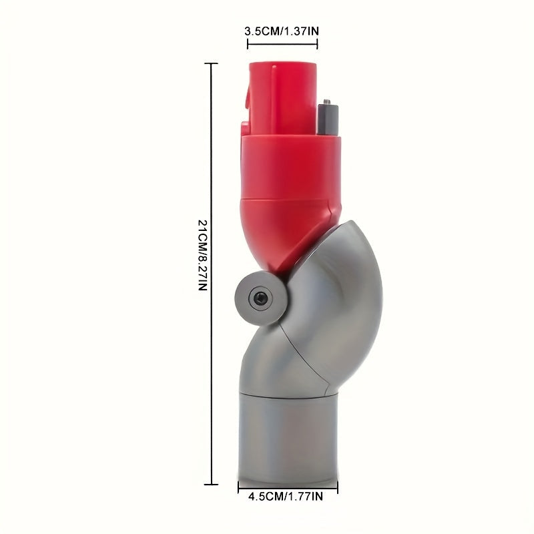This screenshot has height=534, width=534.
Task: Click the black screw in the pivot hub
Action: (258, 294)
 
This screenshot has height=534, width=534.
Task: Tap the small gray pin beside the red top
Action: (328, 117)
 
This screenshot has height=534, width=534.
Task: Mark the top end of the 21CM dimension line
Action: (212, 63)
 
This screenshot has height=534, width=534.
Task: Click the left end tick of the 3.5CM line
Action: (248, 44)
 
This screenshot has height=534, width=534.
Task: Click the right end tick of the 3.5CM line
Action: (317, 44)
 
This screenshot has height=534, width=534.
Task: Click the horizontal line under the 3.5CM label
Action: (282, 44)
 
